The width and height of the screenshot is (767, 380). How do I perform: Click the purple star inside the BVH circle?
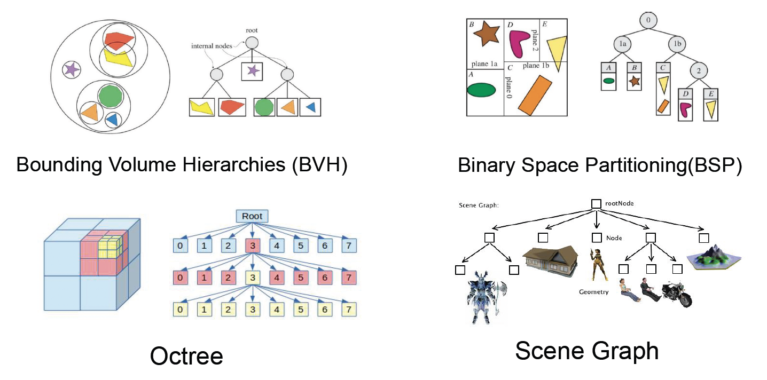71,68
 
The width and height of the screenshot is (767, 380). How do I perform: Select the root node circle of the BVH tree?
252,43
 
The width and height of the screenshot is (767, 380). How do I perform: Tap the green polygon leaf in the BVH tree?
264,107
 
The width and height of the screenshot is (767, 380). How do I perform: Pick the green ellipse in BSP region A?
481,90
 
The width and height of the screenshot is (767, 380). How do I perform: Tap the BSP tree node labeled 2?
699,70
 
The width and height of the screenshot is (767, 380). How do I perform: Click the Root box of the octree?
252,217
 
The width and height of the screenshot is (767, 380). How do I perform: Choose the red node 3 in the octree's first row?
252,246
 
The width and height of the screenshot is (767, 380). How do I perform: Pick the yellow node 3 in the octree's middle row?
252,278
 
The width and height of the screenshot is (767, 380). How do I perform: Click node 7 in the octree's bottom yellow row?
348,309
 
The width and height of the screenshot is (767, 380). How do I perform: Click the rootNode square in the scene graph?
596,203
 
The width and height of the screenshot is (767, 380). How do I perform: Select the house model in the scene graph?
550,259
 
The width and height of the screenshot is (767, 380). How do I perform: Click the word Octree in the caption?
186,355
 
